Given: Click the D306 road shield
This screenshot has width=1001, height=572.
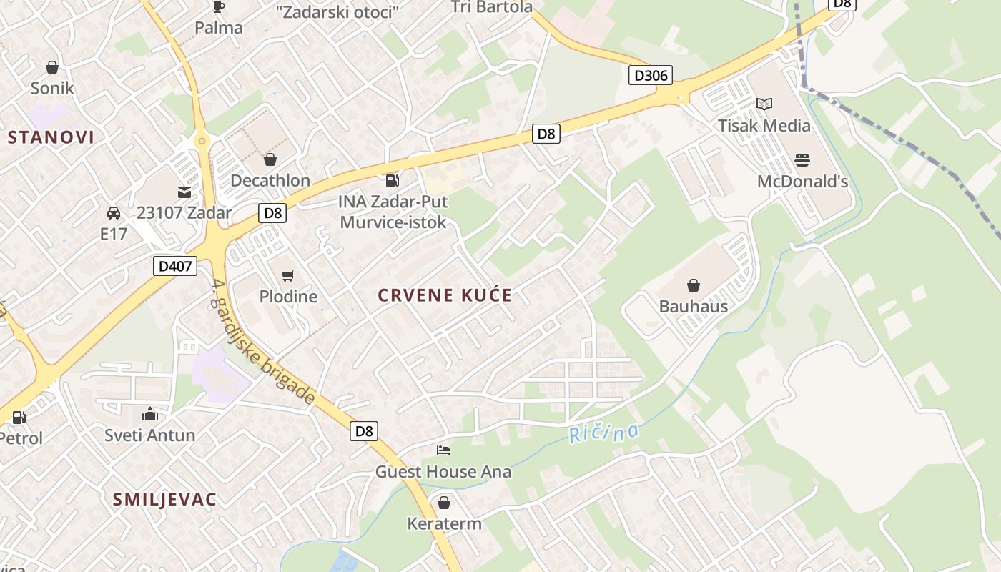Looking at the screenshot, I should pos(651,75).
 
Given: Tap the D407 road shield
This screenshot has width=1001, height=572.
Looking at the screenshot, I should pos(175,267).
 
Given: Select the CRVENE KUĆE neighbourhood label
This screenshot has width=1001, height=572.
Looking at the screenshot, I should pos(445,296).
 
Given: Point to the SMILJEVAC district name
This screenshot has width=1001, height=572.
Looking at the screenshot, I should pos(164,500).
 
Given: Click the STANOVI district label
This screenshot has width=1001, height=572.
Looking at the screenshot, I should pos(51,137).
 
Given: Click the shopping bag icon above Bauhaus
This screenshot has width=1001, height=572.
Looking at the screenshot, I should pos(693,286).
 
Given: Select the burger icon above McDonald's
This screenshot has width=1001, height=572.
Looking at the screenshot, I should pos(802,160).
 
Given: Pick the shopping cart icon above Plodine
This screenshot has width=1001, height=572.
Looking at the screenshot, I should pos(288,275).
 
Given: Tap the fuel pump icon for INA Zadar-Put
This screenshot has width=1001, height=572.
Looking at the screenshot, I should pos(392,180).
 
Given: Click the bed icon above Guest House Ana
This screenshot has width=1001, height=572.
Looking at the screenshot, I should pos(443,450).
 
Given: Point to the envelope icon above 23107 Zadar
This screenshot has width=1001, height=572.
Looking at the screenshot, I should pos(184,192).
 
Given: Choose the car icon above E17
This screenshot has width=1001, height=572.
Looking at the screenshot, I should pos(113,213).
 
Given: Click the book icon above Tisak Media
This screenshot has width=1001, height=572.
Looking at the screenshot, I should pos(764,104).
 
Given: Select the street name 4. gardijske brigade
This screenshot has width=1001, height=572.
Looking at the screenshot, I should pos(264,342).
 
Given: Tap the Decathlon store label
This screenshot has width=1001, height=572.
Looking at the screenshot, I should pos(270,181).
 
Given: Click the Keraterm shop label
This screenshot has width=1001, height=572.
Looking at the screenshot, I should pos(444,523).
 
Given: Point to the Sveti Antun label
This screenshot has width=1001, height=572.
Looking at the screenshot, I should pos(150,435).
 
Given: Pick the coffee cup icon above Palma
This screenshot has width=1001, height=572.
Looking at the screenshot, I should pos(219,7).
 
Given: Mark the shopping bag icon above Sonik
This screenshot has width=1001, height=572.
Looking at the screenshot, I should pos(51,67).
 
